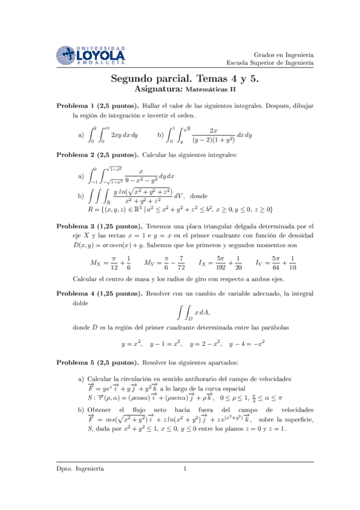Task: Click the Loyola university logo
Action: click(x=91, y=55)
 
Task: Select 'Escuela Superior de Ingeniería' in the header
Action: click(x=270, y=62)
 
